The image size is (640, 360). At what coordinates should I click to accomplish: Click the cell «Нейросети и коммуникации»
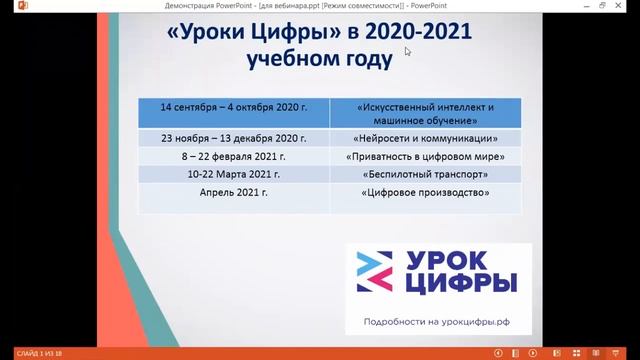(425, 139)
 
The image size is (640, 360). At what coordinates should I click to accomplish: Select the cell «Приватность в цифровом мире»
(425, 157)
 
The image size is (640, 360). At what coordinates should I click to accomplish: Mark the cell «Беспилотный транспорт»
(425, 175)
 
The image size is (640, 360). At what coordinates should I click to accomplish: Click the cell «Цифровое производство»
(425, 193)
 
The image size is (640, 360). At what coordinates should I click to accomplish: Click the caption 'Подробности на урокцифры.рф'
(431, 320)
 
